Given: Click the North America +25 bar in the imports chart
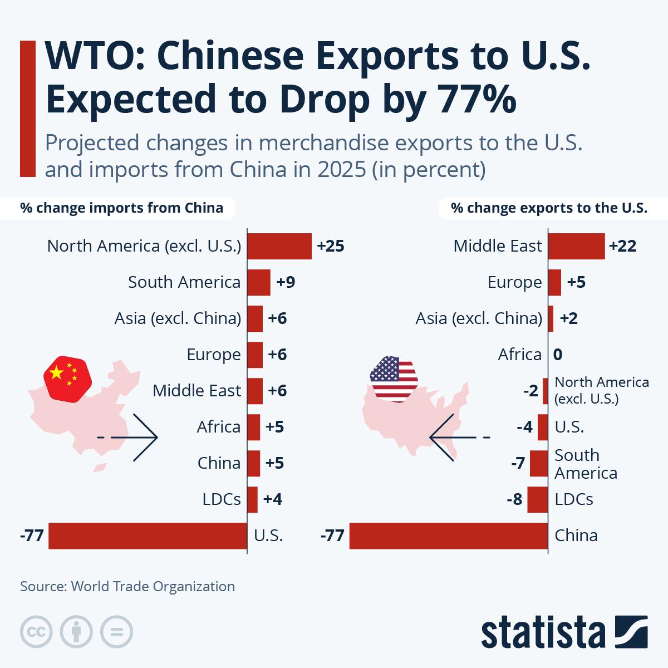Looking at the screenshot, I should click(279, 246).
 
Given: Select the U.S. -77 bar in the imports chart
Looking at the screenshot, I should click(148, 536).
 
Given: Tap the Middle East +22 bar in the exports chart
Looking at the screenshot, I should click(576, 246).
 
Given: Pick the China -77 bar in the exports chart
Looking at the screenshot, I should click(448, 536).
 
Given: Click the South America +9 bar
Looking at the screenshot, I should click(258, 282).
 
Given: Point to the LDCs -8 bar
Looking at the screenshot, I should click(538, 499).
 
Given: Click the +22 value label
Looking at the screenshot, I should click(622, 246).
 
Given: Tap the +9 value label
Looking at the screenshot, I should click(286, 282).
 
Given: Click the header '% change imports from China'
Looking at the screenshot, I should click(122, 208).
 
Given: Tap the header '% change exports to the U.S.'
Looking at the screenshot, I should click(549, 208).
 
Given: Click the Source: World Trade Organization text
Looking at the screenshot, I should click(127, 586).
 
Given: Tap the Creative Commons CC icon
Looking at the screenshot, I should click(36, 632).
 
